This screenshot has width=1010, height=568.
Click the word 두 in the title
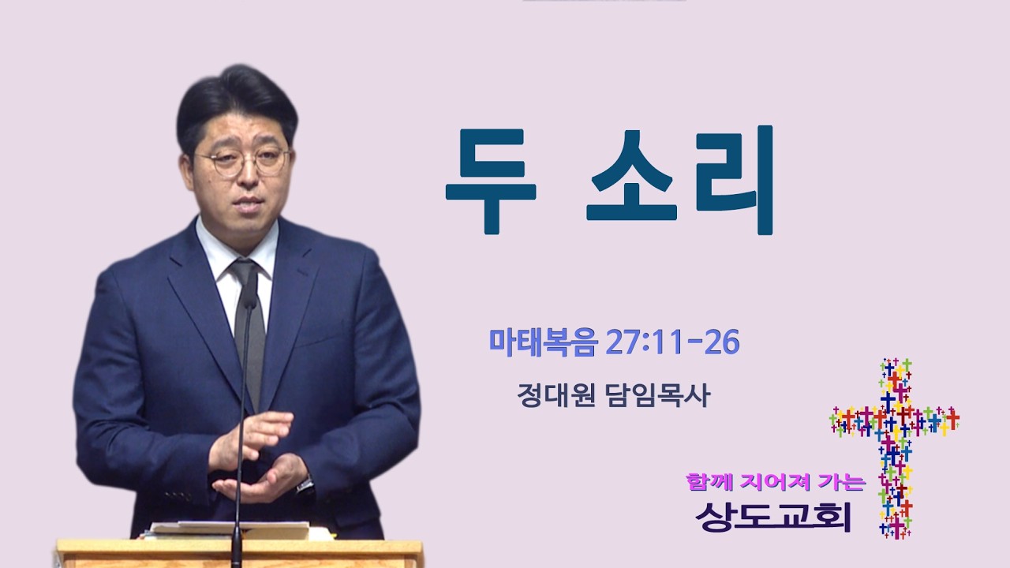(491, 181)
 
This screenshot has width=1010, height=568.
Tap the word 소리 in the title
(680, 181)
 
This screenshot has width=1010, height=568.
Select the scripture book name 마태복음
(544, 342)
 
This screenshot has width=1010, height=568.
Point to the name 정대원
(556, 396)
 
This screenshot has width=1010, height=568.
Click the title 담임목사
(659, 396)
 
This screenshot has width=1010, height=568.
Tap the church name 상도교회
(772, 517)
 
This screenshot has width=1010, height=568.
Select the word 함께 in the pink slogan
(709, 482)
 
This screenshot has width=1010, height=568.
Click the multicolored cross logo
(895, 449)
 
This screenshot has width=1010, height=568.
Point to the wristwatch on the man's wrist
(305, 484)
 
